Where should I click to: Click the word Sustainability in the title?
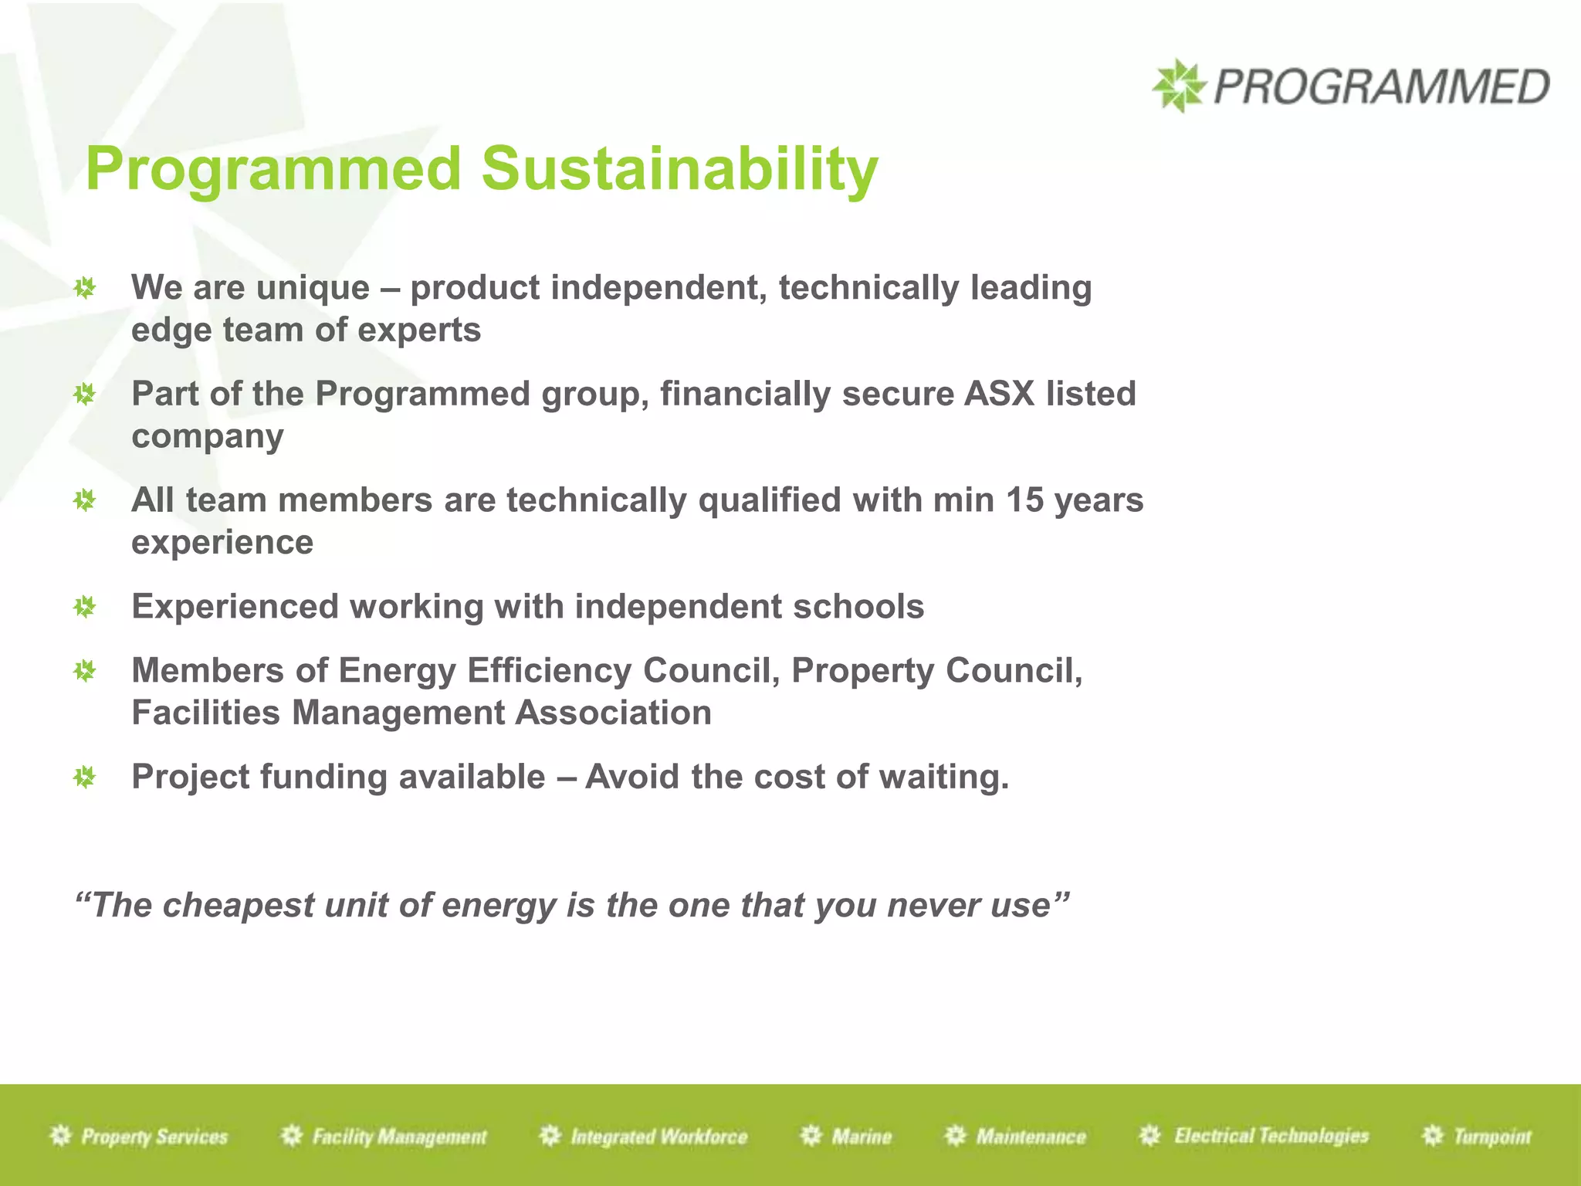[x=679, y=169]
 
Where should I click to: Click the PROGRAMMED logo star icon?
[x=1178, y=86]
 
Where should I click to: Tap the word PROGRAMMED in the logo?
[x=1381, y=86]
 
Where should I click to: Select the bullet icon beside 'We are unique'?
[x=84, y=289]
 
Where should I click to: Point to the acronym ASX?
[x=999, y=394]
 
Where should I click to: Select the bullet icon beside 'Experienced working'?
[x=84, y=607]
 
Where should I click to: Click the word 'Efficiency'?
[x=549, y=670]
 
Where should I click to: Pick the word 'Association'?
[x=613, y=713]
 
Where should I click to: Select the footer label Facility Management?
[x=399, y=1137]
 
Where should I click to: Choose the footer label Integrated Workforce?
[x=658, y=1137]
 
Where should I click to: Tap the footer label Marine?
[x=862, y=1137]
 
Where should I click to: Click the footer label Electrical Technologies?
[x=1271, y=1136]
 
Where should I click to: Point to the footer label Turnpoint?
[x=1491, y=1137]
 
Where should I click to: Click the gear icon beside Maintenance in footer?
[x=956, y=1136]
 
